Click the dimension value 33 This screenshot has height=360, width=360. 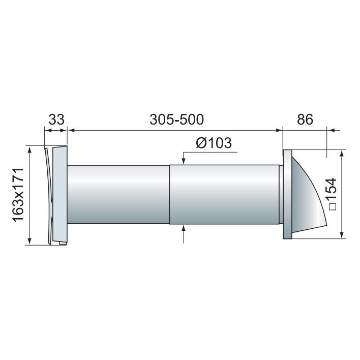point(56,119)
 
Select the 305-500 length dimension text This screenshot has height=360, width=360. point(176,119)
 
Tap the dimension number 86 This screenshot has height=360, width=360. point(305,119)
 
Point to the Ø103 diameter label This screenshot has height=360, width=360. point(214,143)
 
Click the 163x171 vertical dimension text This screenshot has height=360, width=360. point(19,195)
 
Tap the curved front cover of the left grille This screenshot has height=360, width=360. point(49,196)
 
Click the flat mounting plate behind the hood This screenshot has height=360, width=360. point(287,194)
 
